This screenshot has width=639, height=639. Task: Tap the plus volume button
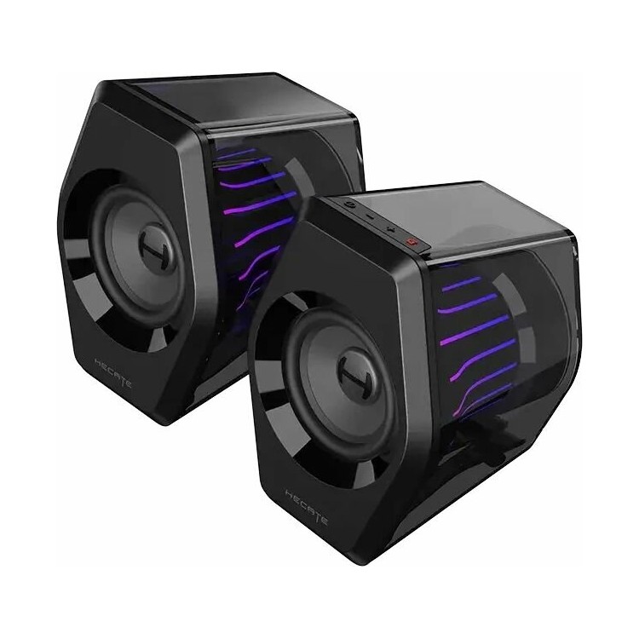coord(391,230)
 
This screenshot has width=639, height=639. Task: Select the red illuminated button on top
coord(412,242)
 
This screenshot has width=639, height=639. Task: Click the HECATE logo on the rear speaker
coord(112,372)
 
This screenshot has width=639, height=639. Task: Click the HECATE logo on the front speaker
coord(307,508)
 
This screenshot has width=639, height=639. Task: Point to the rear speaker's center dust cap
coord(158,247)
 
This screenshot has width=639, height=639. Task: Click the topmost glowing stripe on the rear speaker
coord(235,154)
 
